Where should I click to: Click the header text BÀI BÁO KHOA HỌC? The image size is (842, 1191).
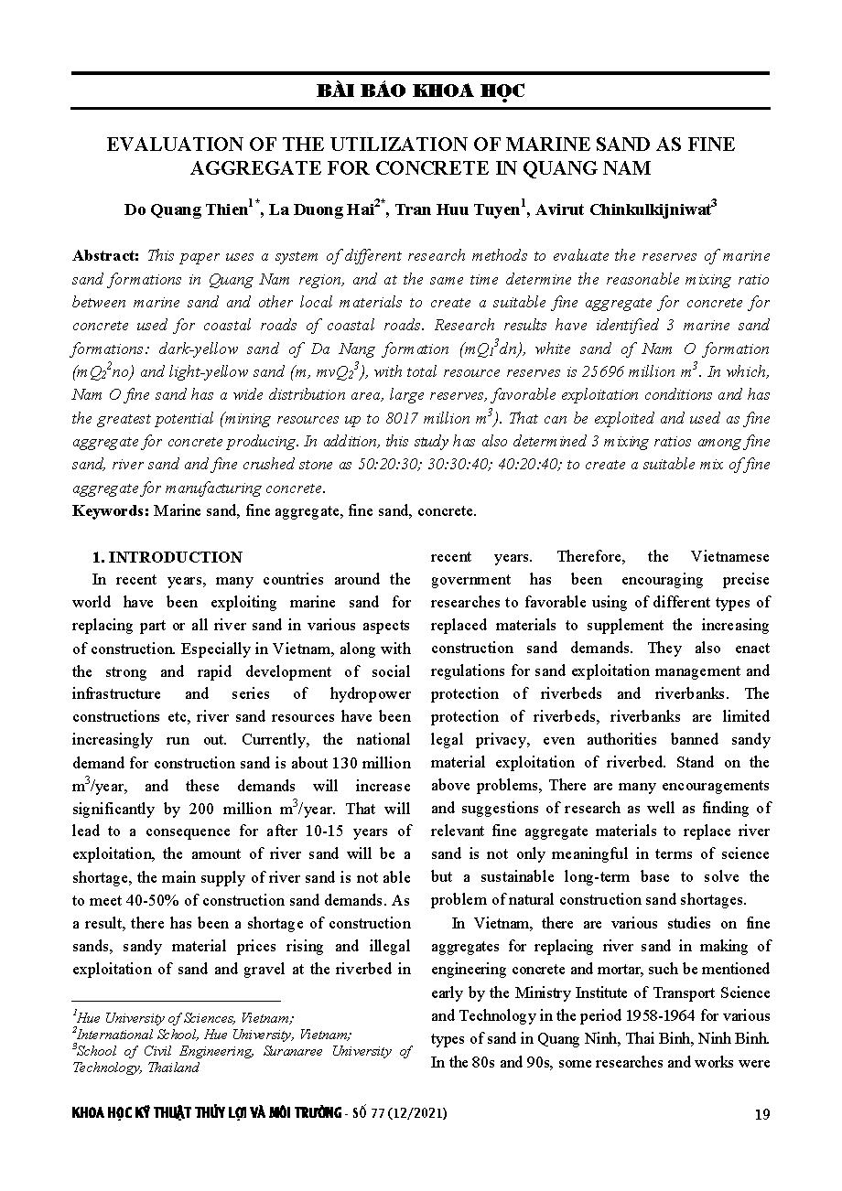tap(420, 91)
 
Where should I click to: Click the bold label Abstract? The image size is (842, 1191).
tap(105, 255)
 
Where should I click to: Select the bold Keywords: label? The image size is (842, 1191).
tap(111, 510)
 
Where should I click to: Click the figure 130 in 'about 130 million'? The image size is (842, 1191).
tap(350, 762)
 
